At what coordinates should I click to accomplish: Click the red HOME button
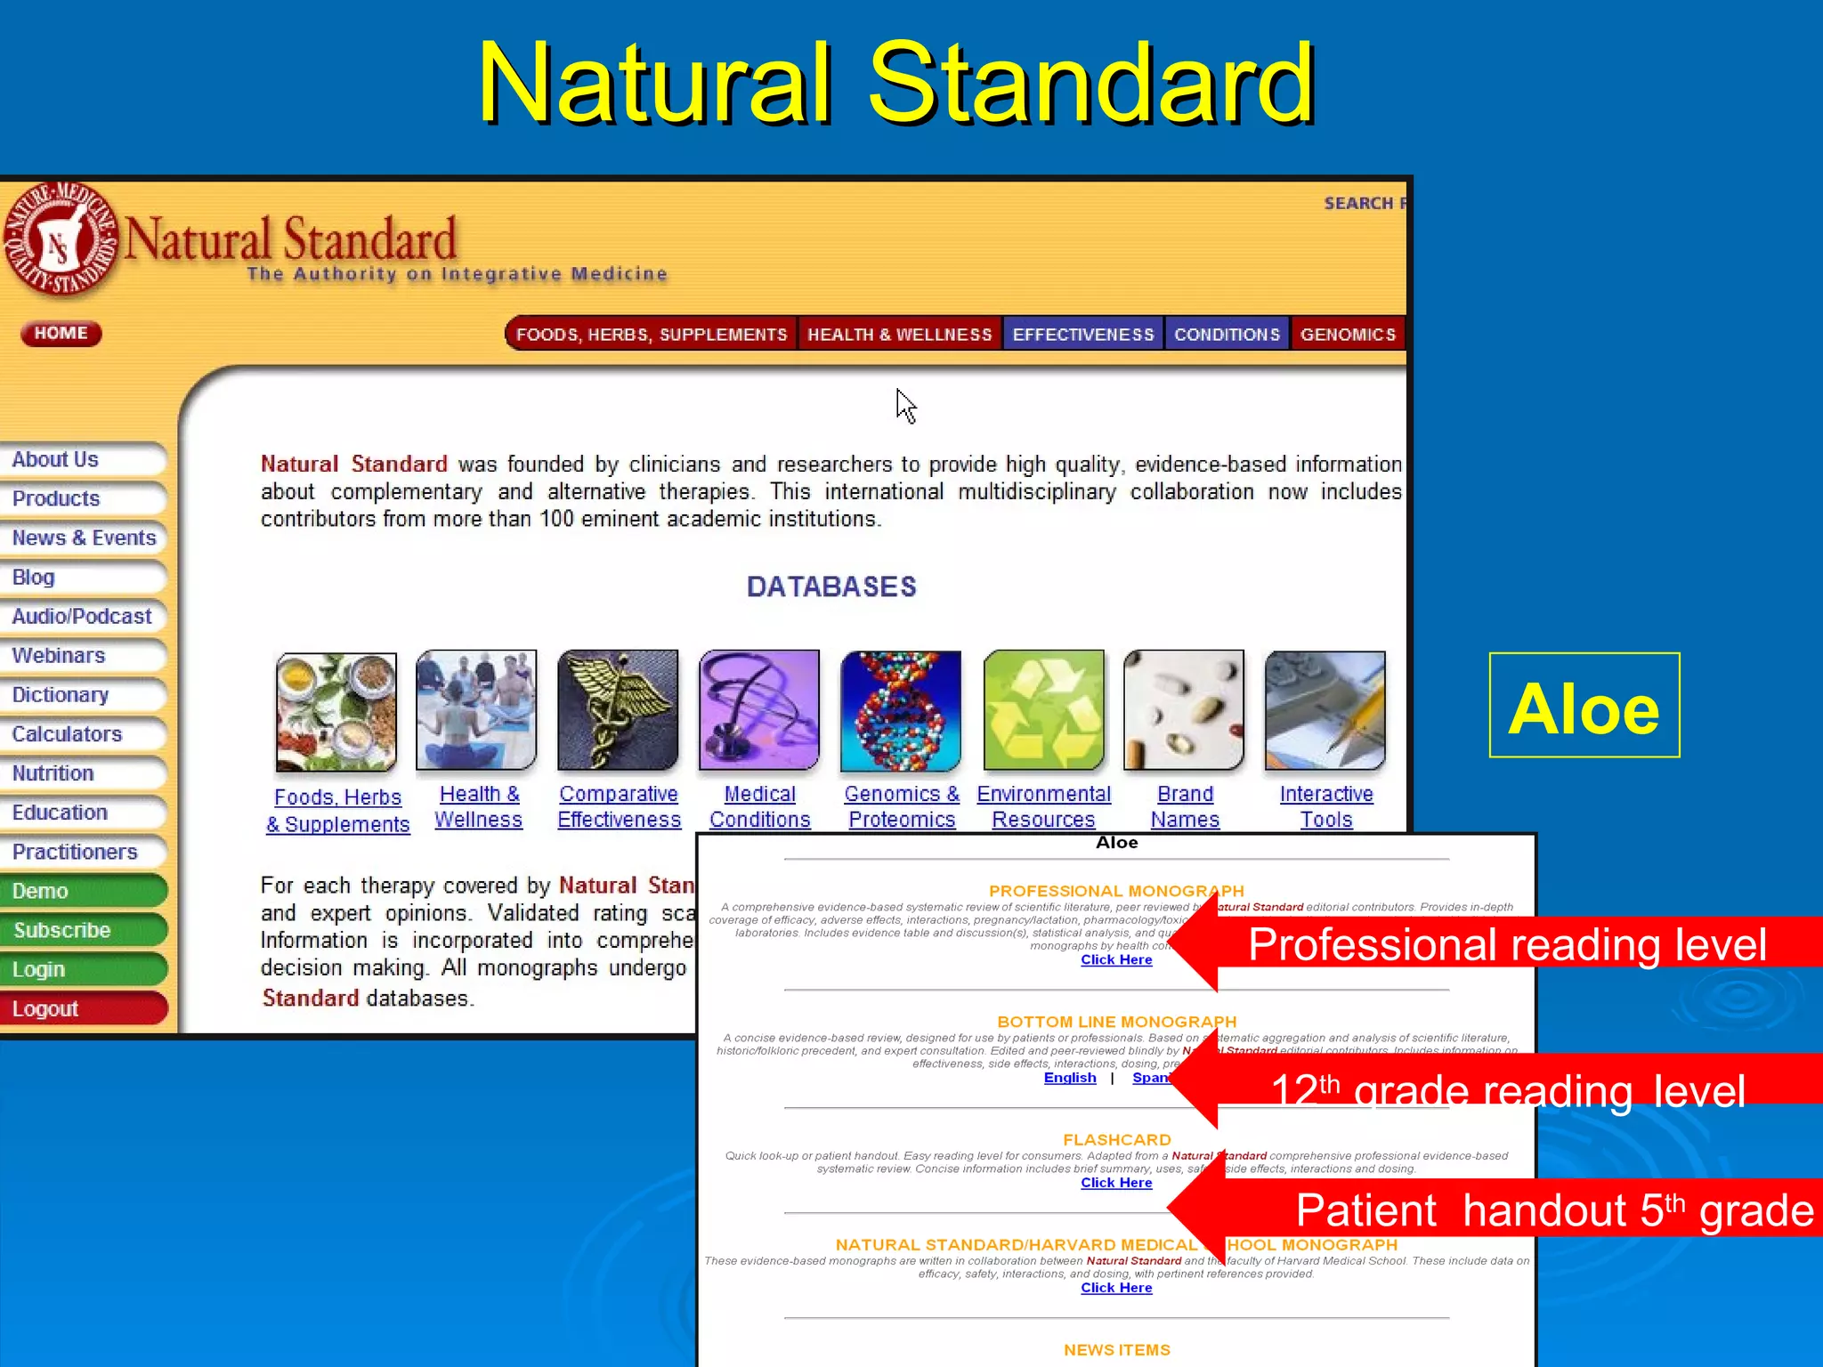point(61,334)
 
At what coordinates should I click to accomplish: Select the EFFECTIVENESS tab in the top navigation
point(1082,335)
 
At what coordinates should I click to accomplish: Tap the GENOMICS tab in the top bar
point(1348,335)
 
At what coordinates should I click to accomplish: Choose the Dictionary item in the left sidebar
point(61,695)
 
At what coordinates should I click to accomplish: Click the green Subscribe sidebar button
point(62,930)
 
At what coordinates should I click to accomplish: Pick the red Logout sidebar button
point(46,1008)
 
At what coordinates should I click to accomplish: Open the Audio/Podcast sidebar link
point(82,617)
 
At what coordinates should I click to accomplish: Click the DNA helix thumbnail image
point(901,710)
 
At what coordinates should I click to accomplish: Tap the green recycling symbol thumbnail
point(1043,710)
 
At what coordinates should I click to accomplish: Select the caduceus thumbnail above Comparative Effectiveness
point(618,710)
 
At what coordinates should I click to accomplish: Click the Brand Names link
point(1185,806)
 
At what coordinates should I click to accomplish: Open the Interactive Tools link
point(1326,806)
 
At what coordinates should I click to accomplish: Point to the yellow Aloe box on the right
point(1584,706)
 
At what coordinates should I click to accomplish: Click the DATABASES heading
point(831,586)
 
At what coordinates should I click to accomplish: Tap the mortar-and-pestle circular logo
point(61,240)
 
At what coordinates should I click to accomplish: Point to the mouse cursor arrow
point(904,405)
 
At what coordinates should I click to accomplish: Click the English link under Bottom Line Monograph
point(1070,1078)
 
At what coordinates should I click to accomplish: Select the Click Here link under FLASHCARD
point(1116,1183)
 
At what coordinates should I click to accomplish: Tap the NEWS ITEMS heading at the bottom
point(1117,1350)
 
